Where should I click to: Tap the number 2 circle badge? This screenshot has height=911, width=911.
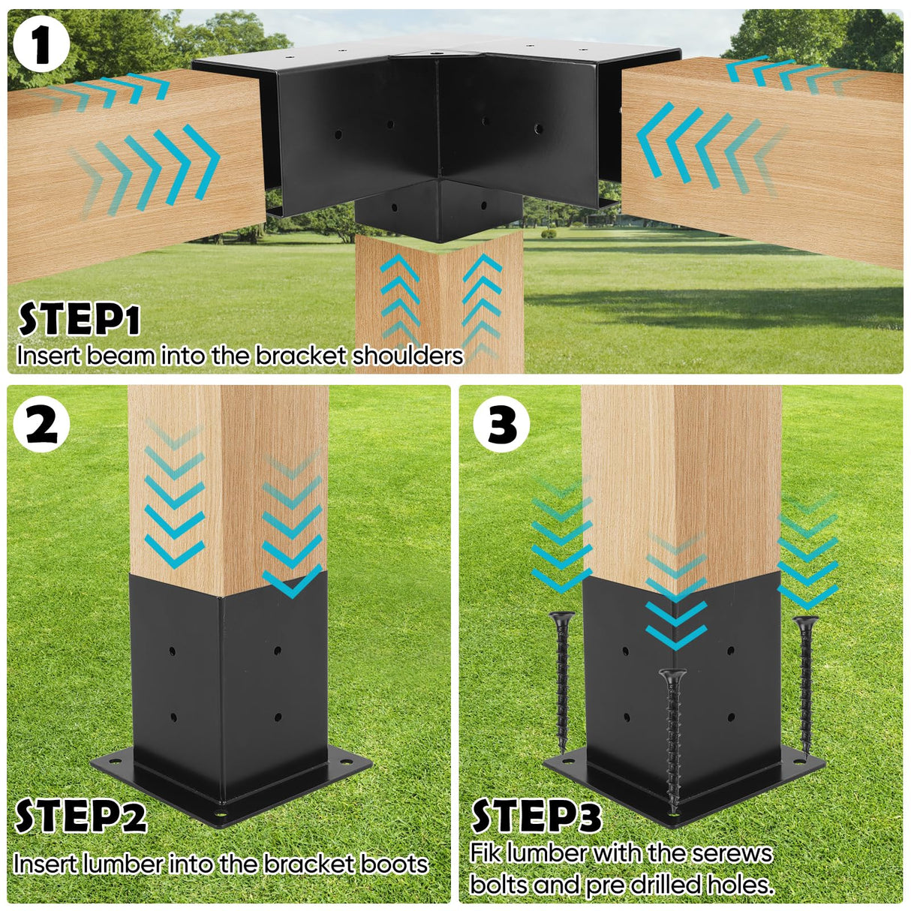[41, 425]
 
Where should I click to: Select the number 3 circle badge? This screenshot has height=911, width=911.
[501, 425]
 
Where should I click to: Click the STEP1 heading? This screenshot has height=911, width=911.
[79, 320]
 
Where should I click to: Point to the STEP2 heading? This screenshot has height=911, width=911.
[80, 816]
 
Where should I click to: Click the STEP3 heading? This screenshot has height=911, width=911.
[536, 816]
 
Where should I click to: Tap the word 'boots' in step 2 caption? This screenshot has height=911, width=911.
[394, 864]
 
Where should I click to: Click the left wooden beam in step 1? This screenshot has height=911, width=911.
[135, 173]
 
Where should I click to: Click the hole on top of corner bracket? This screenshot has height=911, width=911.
[434, 53]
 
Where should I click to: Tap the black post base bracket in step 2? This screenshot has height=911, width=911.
[229, 698]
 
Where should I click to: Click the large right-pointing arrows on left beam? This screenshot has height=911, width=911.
[161, 165]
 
